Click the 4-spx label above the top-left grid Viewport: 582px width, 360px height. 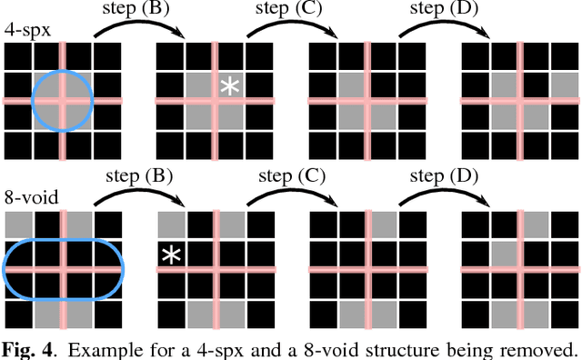coord(26,29)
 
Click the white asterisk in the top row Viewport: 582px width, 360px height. coord(231,87)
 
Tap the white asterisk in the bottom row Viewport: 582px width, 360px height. coord(170,255)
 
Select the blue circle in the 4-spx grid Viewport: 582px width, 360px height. coord(62,99)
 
